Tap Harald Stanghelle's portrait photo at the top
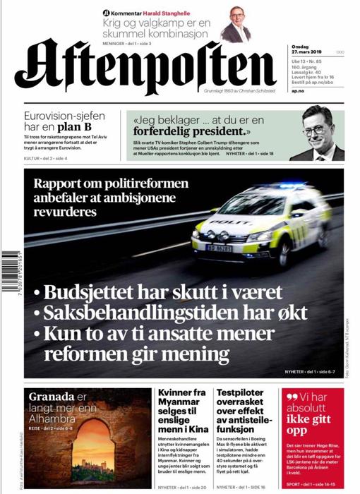tap(235, 24)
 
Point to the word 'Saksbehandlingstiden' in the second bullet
tap(138, 312)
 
